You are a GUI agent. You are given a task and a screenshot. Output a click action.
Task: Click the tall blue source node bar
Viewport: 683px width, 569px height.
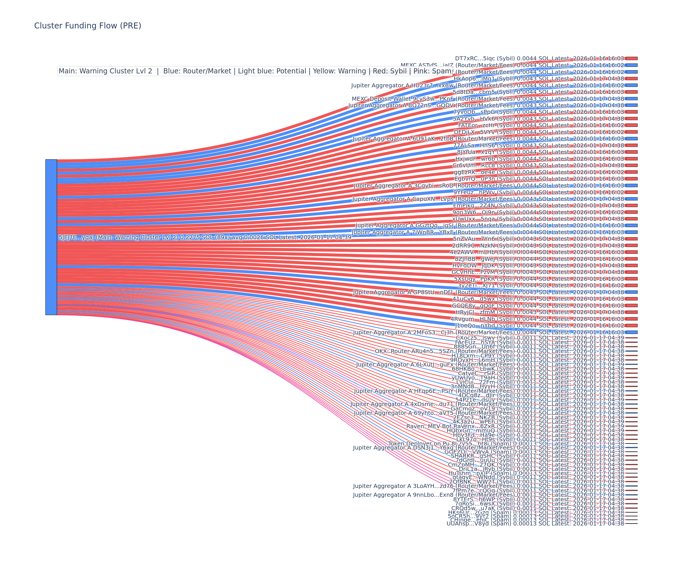coord(51,237)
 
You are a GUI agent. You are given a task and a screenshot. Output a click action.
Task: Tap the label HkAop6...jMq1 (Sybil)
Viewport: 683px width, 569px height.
coord(484,79)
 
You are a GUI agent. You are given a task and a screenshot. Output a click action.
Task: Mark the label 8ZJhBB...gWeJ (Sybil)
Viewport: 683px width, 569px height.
coord(485,259)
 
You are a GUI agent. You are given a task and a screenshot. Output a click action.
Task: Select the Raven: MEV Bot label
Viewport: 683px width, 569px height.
coord(429,426)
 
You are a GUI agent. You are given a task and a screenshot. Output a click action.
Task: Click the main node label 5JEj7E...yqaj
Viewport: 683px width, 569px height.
coord(205,237)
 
